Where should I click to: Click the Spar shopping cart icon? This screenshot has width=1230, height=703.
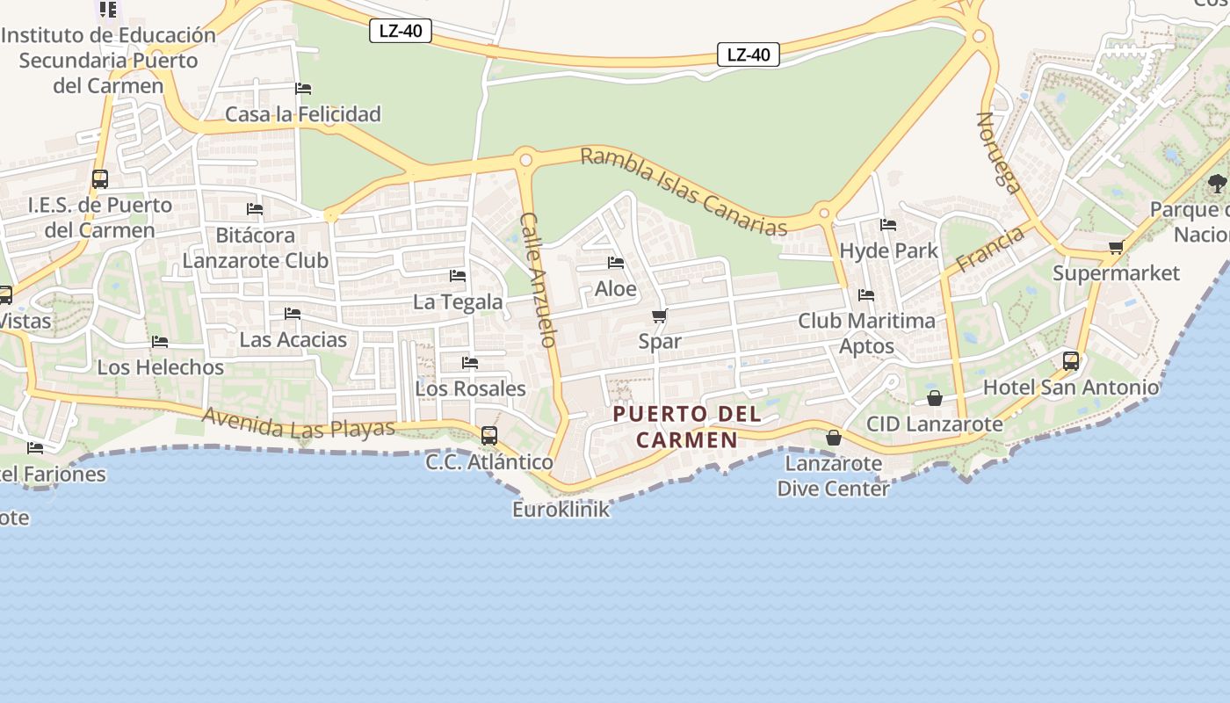tap(660, 315)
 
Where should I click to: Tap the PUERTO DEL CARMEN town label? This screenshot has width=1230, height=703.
tap(687, 426)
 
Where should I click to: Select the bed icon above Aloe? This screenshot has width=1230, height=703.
tap(616, 263)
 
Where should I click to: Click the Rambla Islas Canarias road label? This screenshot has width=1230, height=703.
tap(684, 192)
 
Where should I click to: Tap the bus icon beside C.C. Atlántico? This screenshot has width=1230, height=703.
tap(489, 435)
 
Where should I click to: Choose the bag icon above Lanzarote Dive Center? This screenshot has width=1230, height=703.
tap(834, 437)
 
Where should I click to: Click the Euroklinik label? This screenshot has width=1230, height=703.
tap(561, 510)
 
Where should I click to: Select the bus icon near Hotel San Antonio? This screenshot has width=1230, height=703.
tap(1071, 360)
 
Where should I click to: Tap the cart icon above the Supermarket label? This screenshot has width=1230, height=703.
tap(1116, 248)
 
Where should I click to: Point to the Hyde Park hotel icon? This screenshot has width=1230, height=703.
tap(888, 225)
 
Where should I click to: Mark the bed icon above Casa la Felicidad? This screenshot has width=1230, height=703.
tap(303, 89)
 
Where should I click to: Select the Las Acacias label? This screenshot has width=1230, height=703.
tap(293, 339)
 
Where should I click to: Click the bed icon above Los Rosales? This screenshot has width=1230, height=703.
tap(470, 363)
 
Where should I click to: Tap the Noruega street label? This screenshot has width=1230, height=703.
tap(1000, 152)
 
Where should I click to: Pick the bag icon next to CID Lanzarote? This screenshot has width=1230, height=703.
tap(935, 399)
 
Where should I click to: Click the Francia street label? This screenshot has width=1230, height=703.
tap(990, 249)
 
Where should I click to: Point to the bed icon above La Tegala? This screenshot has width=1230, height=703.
tap(458, 276)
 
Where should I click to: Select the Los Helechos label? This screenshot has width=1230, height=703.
tap(161, 367)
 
